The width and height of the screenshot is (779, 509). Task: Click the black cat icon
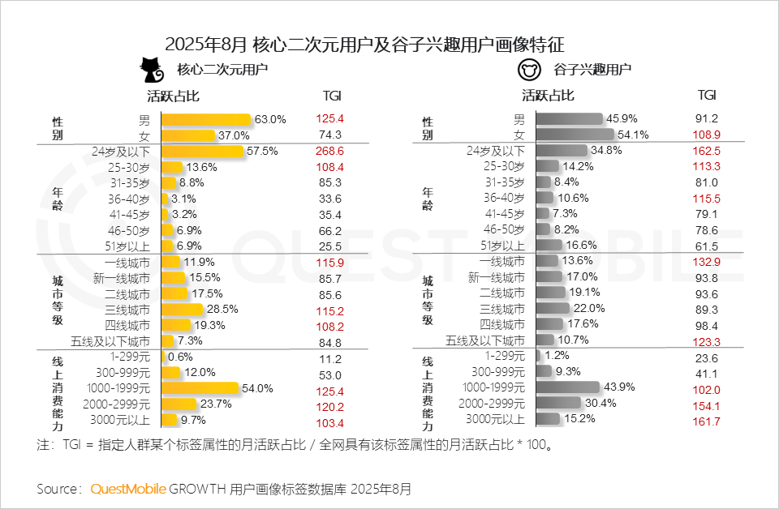pyautogui.click(x=149, y=71)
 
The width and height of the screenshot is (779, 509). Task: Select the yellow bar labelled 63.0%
pyautogui.click(x=206, y=120)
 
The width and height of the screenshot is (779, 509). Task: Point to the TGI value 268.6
pyautogui.click(x=331, y=151)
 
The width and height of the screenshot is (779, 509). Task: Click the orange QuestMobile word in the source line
pyautogui.click(x=128, y=489)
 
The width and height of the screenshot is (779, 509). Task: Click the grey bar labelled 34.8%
pyautogui.click(x=562, y=151)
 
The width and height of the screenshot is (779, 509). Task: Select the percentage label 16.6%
pyautogui.click(x=582, y=246)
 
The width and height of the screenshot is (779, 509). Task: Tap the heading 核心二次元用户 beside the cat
pyautogui.click(x=223, y=70)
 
